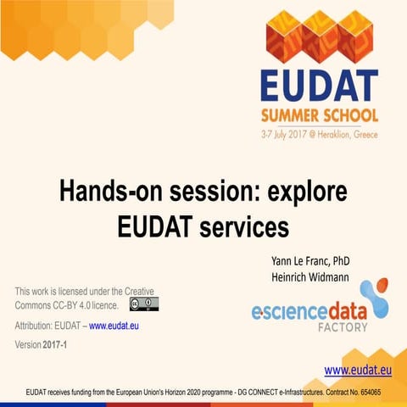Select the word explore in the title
point(308,192)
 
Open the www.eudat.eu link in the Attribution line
point(117,326)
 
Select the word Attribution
point(36,326)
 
